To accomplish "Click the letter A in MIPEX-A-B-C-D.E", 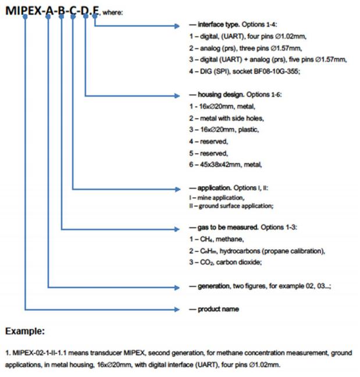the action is (x=49, y=10).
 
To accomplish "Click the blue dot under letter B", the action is (x=61, y=16).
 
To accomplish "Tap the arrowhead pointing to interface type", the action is (x=177, y=26).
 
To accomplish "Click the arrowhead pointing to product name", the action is (x=177, y=309).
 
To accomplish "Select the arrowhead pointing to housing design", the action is (x=177, y=95).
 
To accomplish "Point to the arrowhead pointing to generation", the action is (x=177, y=287).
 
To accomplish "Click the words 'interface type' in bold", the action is (x=219, y=24).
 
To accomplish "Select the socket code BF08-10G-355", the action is (x=277, y=72).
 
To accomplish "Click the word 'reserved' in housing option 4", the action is (x=214, y=141).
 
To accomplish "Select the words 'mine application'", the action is (x=220, y=198).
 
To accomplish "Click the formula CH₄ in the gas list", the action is (x=206, y=239).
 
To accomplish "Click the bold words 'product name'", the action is (x=218, y=309).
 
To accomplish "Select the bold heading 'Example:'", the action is (x=25, y=331).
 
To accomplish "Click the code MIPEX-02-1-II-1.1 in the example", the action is (x=40, y=353).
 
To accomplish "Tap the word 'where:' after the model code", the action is (x=112, y=12).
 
